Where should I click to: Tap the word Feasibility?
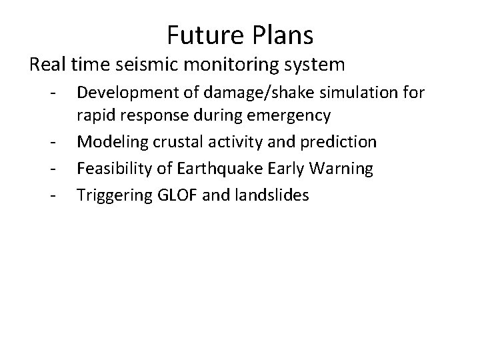point(111,169)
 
